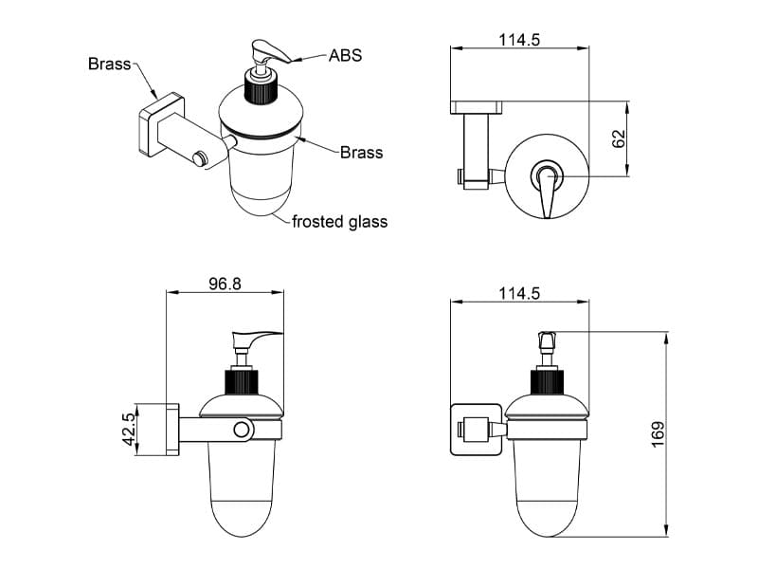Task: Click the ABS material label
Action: tap(345, 56)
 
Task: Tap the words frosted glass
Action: tap(339, 222)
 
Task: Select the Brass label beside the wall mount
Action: tap(109, 64)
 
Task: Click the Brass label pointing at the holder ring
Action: tap(361, 152)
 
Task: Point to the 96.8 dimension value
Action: tap(225, 283)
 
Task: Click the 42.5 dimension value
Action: tap(130, 430)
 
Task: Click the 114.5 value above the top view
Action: tap(519, 41)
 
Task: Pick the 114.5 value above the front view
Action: tap(519, 293)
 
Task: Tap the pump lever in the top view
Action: tap(547, 194)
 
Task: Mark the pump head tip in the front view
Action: tap(547, 339)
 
